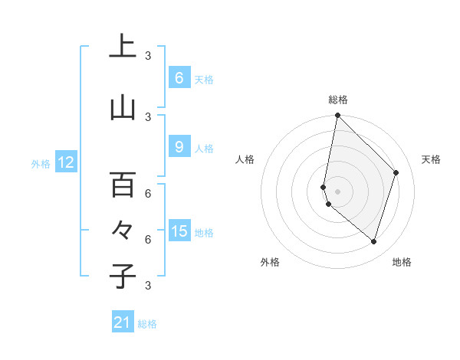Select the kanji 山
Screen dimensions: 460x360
(x=123, y=108)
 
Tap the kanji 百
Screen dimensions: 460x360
(x=123, y=184)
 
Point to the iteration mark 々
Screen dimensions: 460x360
(x=123, y=229)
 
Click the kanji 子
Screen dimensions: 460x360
(x=123, y=276)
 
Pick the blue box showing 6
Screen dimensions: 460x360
(x=179, y=78)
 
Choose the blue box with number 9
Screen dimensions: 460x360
(x=179, y=147)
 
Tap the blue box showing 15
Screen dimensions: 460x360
(x=179, y=231)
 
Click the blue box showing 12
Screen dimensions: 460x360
(x=65, y=162)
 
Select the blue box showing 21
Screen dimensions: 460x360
(x=123, y=322)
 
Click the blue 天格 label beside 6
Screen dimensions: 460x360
(x=204, y=79)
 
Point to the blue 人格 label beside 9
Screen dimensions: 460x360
(x=204, y=148)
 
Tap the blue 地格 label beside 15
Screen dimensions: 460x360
(x=204, y=232)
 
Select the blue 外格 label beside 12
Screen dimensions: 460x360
(x=40, y=163)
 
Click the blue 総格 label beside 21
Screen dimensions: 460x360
(x=147, y=323)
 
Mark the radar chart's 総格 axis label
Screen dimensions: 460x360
(x=337, y=100)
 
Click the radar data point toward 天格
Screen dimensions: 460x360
(x=396, y=172)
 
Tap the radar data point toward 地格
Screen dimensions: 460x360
(x=373, y=241)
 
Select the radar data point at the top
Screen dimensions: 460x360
(x=337, y=116)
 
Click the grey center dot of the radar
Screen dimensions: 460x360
(x=337, y=191)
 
